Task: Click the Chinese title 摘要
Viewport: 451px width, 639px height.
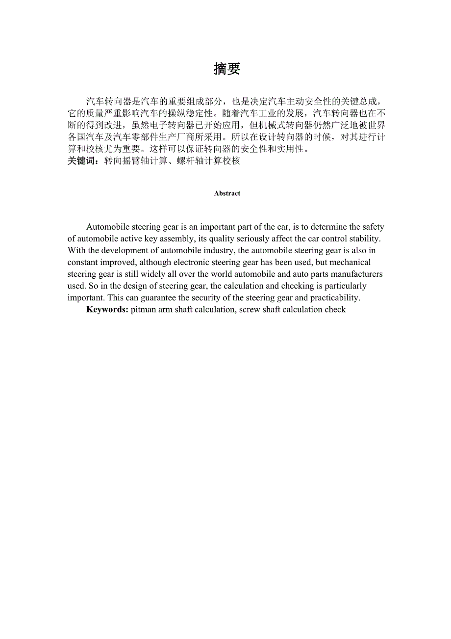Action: [x=227, y=69]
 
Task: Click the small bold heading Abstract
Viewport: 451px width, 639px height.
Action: [x=227, y=193]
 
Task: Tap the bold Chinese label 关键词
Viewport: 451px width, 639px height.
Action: [x=84, y=160]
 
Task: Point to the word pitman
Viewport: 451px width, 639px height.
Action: [x=143, y=309]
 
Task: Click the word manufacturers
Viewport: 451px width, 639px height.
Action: [x=351, y=274]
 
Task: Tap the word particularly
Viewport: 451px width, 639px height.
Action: [x=342, y=286]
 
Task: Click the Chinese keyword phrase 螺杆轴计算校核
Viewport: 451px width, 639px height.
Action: [x=208, y=160]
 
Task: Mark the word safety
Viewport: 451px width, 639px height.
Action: [x=373, y=227]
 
